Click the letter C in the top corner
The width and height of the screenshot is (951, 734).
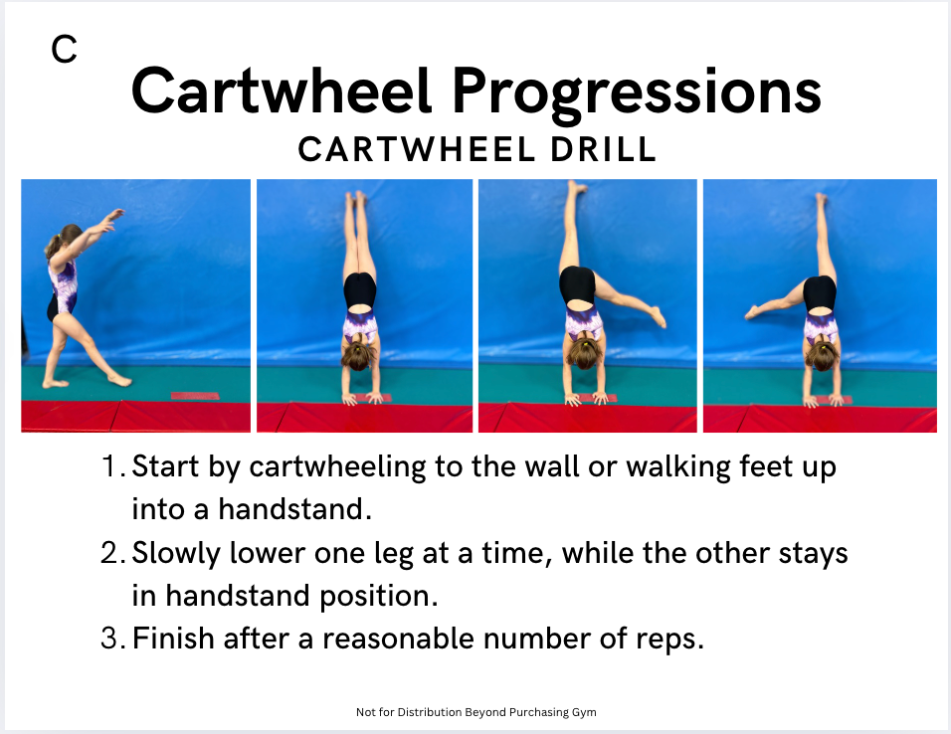click(x=65, y=49)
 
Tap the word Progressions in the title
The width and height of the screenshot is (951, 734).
click(x=637, y=95)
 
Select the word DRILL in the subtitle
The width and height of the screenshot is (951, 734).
click(x=604, y=149)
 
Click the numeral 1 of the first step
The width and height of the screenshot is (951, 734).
click(x=110, y=466)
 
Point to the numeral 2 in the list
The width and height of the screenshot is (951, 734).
click(x=109, y=553)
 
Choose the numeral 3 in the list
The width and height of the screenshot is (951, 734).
click(x=109, y=639)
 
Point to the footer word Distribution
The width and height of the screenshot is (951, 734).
click(x=430, y=712)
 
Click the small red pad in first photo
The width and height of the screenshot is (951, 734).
click(x=195, y=396)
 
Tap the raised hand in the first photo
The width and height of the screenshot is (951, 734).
click(x=112, y=219)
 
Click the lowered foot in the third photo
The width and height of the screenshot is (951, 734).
click(x=659, y=316)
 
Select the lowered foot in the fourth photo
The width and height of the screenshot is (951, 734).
click(x=752, y=311)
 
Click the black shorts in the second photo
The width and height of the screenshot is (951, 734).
click(x=360, y=291)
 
